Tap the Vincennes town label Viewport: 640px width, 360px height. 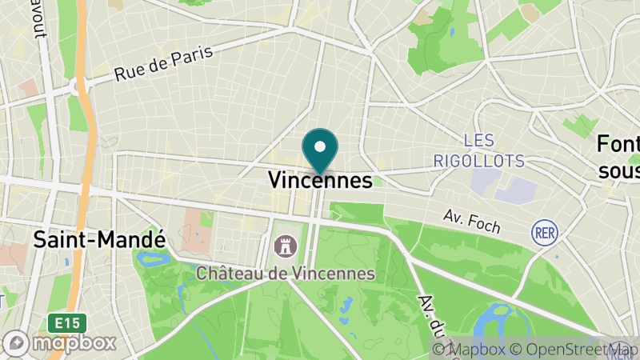pos(320,181)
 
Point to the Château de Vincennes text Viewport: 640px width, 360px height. pos(286,273)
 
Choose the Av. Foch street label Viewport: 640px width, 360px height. pos(472,222)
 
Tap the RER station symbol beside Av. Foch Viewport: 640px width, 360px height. pos(543,232)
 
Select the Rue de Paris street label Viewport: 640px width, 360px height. pos(163,63)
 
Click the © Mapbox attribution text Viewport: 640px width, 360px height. pos(470,350)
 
